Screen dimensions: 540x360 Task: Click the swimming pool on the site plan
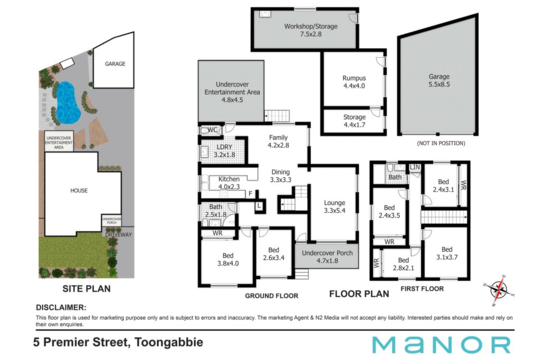coord(68,103)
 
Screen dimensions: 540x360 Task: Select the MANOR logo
coord(441,345)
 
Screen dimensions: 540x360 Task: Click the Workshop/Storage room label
coord(311,30)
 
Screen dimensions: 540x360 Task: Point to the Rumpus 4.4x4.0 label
coord(354,82)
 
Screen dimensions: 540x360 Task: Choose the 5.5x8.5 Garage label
coord(439,80)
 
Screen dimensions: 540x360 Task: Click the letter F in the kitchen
coord(250,194)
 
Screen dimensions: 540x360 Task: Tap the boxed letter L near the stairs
coord(259,206)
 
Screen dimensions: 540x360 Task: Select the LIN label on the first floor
coord(415,167)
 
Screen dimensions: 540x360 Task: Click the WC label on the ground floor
coord(213,130)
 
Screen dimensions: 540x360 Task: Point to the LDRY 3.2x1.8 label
coord(224,151)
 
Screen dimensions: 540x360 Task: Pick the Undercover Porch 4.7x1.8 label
coord(327,257)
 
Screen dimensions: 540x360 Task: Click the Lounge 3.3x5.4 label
coord(334,207)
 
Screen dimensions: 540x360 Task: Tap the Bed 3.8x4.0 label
coord(228,259)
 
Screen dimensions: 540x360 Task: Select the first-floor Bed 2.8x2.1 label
coord(403,264)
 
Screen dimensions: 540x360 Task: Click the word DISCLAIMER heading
coord(61,307)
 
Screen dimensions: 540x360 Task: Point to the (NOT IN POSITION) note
coord(441,143)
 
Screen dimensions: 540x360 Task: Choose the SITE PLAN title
coord(86,289)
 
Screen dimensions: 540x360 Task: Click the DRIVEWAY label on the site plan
coord(119,235)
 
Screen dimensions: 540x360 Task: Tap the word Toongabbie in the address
coord(169,343)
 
